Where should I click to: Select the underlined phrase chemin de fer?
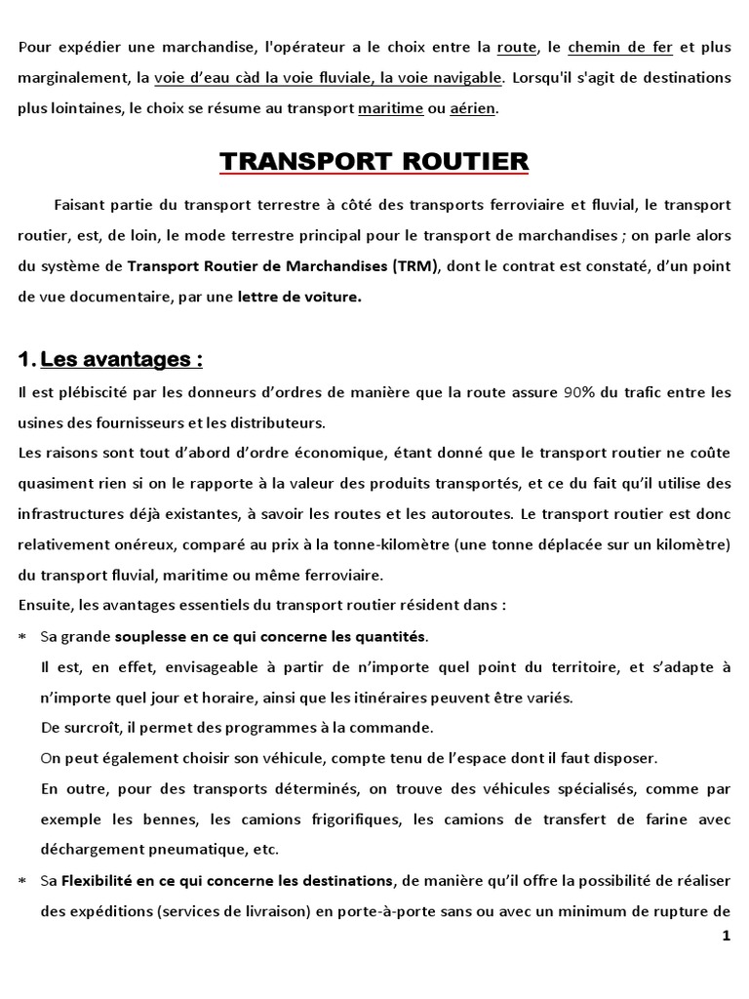[x=620, y=47]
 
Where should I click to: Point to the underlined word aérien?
[x=472, y=109]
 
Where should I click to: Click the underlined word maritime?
[x=390, y=109]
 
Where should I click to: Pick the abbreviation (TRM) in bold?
[x=416, y=266]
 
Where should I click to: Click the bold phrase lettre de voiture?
[x=299, y=298]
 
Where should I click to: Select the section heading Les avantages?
[x=122, y=360]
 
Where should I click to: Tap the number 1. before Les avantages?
[x=26, y=360]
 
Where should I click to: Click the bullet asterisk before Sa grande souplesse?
[x=22, y=637]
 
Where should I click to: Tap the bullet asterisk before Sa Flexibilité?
[x=22, y=881]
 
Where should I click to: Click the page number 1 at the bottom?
[x=726, y=937]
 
